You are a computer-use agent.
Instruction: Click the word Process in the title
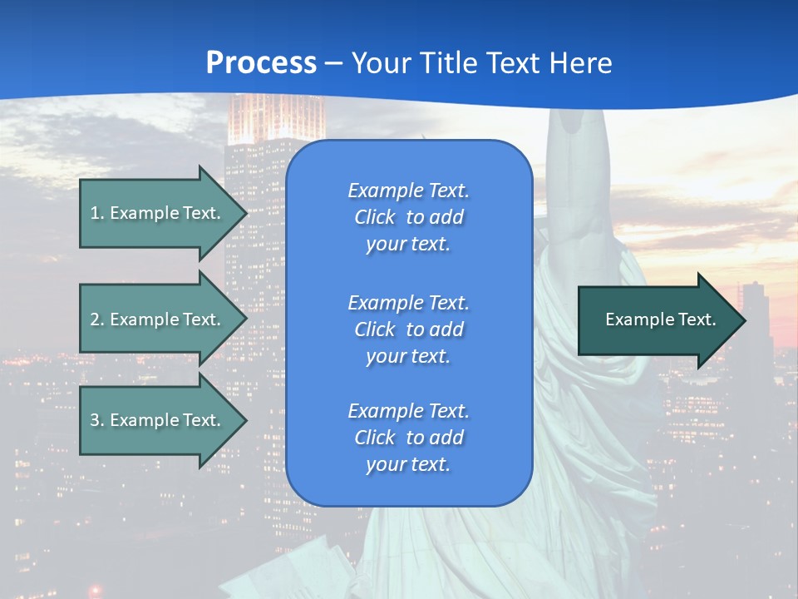click(261, 63)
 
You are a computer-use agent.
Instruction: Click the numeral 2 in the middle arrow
click(95, 319)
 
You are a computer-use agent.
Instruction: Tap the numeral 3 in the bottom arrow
click(95, 420)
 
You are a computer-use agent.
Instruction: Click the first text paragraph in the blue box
click(408, 217)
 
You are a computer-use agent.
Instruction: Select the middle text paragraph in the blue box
click(408, 329)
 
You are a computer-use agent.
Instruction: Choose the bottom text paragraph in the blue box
click(408, 438)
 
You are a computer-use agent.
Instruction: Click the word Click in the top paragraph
click(375, 217)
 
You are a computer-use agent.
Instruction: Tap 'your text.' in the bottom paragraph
click(408, 464)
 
